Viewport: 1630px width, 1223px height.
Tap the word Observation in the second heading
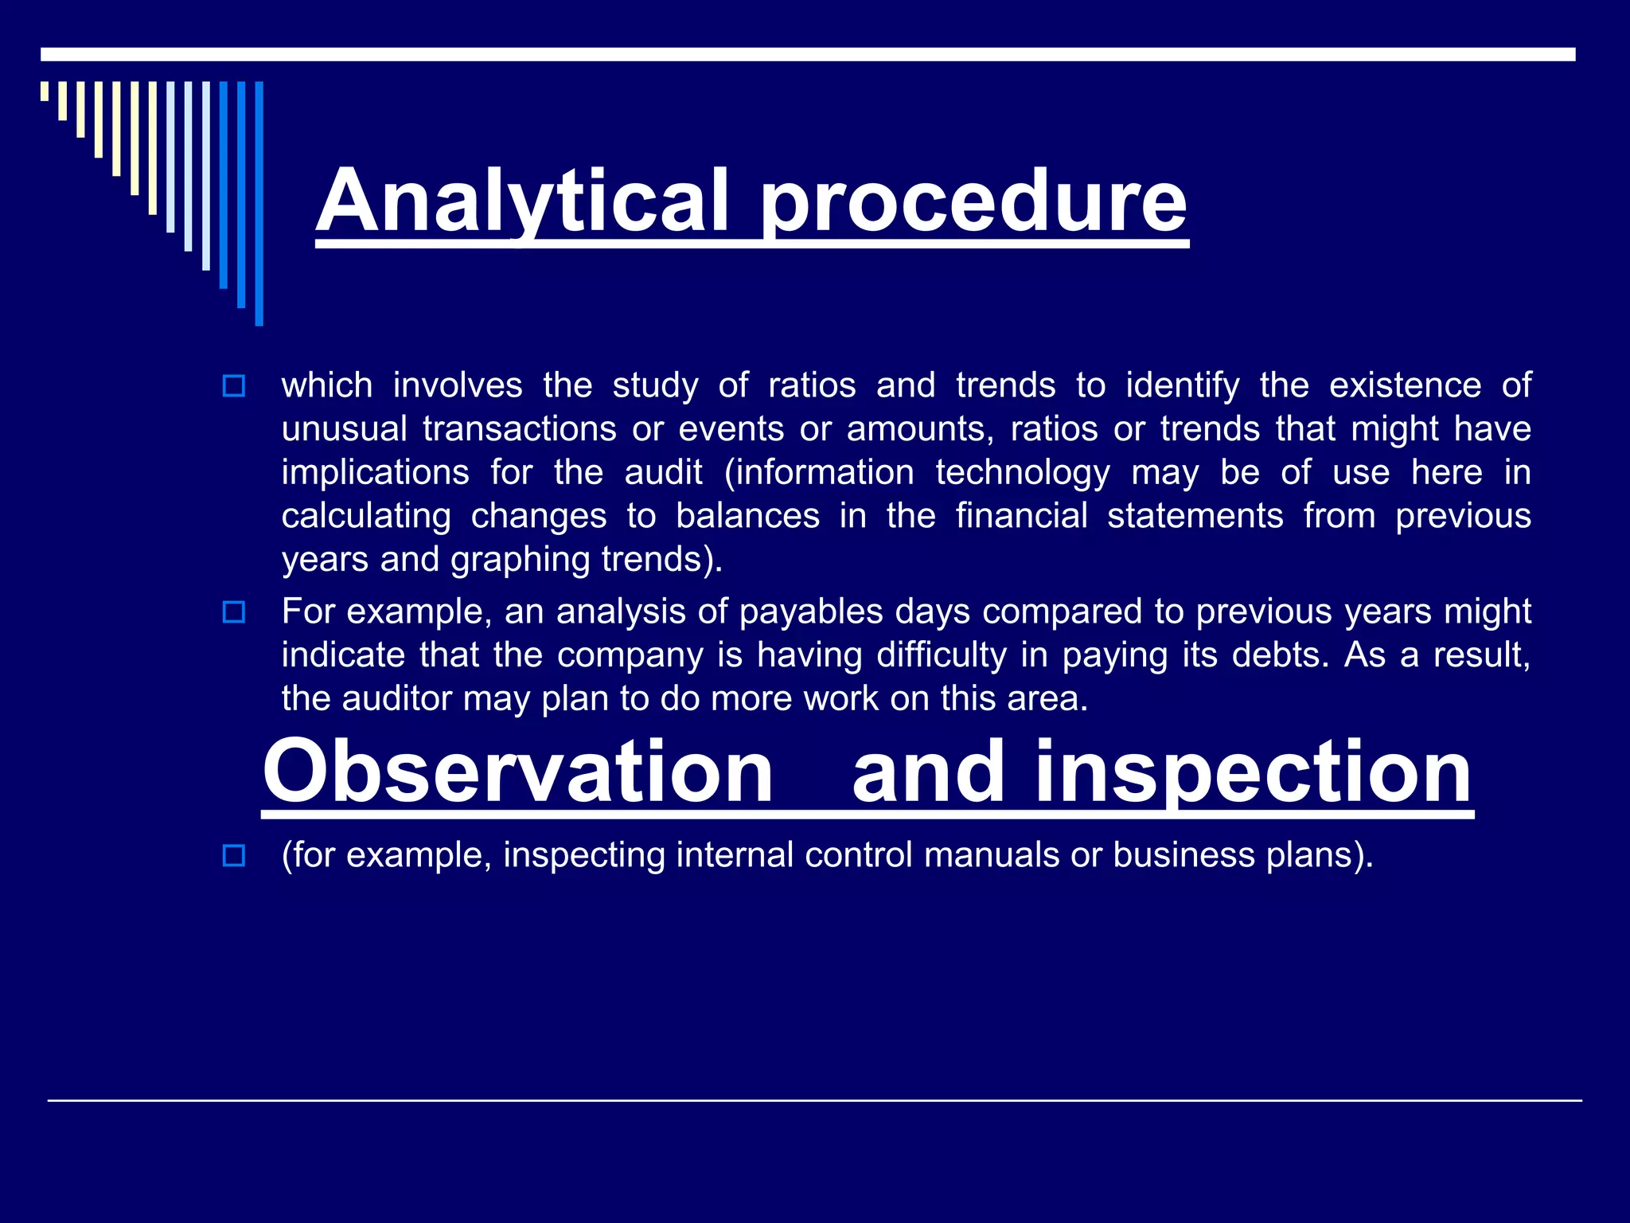(517, 771)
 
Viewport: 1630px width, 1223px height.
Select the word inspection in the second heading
(1253, 771)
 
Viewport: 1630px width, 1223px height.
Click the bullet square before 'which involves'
(234, 387)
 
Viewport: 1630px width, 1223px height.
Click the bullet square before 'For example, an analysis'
(234, 612)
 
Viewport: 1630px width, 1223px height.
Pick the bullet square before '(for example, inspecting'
(234, 856)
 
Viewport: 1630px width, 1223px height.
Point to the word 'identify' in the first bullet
(1182, 385)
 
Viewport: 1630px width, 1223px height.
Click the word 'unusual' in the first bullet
(341, 429)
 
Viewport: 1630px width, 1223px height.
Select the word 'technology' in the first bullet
(1022, 473)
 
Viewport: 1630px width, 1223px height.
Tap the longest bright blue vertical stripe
(259, 203)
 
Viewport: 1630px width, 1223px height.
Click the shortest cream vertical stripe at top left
(45, 91)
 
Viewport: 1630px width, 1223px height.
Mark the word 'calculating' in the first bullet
(366, 516)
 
